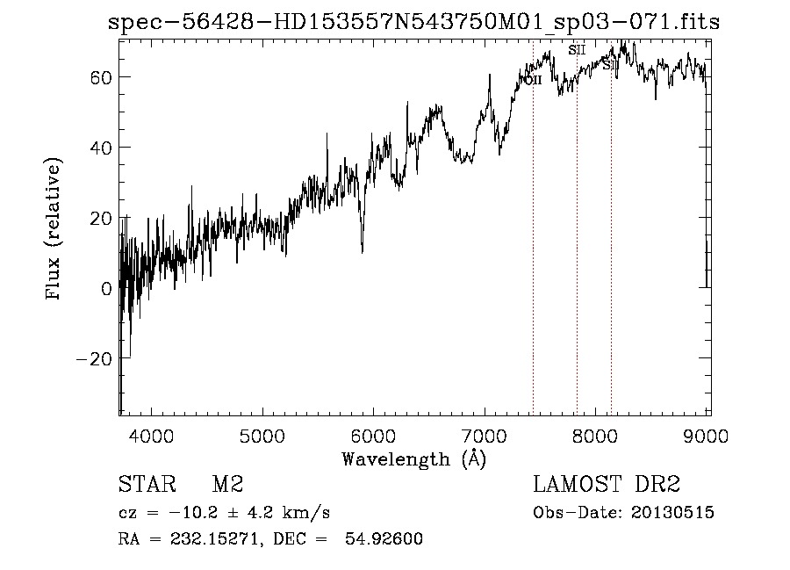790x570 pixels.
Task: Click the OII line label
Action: [532, 79]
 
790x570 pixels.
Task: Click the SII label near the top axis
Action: [577, 50]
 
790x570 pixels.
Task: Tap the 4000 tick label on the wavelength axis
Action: [151, 436]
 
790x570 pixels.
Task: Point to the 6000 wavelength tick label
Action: [374, 436]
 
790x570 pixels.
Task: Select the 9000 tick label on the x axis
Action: [707, 436]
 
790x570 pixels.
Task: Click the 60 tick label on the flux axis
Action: [98, 77]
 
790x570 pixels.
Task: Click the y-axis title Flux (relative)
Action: [54, 229]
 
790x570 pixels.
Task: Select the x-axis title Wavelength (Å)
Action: [413, 458]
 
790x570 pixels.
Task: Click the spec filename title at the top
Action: [413, 23]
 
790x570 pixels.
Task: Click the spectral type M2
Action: [227, 485]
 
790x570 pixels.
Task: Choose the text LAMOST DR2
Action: [607, 485]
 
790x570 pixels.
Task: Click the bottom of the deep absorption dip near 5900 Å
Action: [363, 251]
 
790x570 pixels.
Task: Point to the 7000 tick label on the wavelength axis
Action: [485, 436]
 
